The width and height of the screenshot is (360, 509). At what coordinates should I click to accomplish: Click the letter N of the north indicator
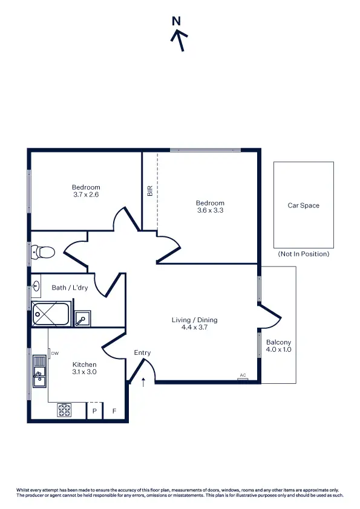pyautogui.click(x=176, y=21)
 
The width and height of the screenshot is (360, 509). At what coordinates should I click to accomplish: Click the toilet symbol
pyautogui.click(x=43, y=251)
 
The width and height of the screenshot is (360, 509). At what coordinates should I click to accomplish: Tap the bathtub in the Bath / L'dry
pyautogui.click(x=51, y=313)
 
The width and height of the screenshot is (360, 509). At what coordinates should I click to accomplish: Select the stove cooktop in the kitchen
pyautogui.click(x=64, y=410)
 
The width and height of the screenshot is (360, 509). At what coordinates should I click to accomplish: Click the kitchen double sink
pyautogui.click(x=39, y=370)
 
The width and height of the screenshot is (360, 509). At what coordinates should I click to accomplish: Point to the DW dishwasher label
pyautogui.click(x=54, y=353)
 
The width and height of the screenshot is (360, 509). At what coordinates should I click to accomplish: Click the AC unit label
pyautogui.click(x=243, y=375)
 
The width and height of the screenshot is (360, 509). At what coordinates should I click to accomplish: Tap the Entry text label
pyautogui.click(x=142, y=353)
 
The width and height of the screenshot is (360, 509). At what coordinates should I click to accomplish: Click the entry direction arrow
pyautogui.click(x=143, y=381)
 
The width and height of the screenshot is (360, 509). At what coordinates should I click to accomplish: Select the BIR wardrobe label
pyautogui.click(x=149, y=190)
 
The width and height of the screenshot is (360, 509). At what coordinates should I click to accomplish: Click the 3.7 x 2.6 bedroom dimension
pyautogui.click(x=86, y=195)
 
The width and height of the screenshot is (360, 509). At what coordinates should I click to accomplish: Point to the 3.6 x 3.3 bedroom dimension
pyautogui.click(x=210, y=210)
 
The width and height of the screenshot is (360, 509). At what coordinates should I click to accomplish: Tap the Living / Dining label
pyautogui.click(x=194, y=320)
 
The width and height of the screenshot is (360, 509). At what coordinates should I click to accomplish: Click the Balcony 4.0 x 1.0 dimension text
pyautogui.click(x=278, y=349)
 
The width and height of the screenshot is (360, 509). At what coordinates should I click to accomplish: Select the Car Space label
pyautogui.click(x=303, y=206)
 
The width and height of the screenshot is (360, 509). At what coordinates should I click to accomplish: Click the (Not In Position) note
pyautogui.click(x=304, y=254)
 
